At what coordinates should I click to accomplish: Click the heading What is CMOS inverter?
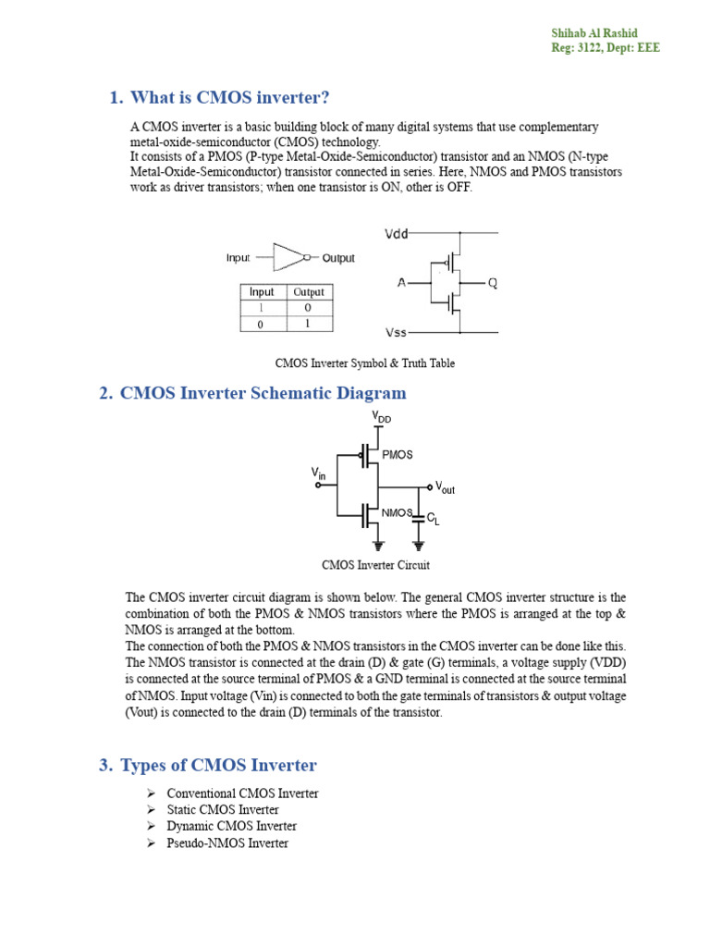pyautogui.click(x=229, y=98)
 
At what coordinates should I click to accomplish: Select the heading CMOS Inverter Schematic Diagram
pyautogui.click(x=263, y=393)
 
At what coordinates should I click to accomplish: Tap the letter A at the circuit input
pyautogui.click(x=401, y=283)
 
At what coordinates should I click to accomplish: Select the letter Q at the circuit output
pyautogui.click(x=492, y=283)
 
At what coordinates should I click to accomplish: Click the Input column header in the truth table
pyautogui.click(x=263, y=292)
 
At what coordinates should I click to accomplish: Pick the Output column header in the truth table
pyautogui.click(x=308, y=292)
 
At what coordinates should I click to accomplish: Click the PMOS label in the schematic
pyautogui.click(x=398, y=455)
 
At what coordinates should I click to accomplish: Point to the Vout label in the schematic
pyautogui.click(x=445, y=487)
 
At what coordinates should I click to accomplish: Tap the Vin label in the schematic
pyautogui.click(x=318, y=473)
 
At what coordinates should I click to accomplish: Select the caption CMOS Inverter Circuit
pyautogui.click(x=375, y=565)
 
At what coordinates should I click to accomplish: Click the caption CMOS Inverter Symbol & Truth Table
pyautogui.click(x=364, y=363)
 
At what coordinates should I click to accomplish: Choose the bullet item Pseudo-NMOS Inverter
pyautogui.click(x=227, y=842)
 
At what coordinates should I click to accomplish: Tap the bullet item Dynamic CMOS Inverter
pyautogui.click(x=231, y=826)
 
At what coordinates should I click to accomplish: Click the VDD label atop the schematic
pyautogui.click(x=382, y=418)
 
